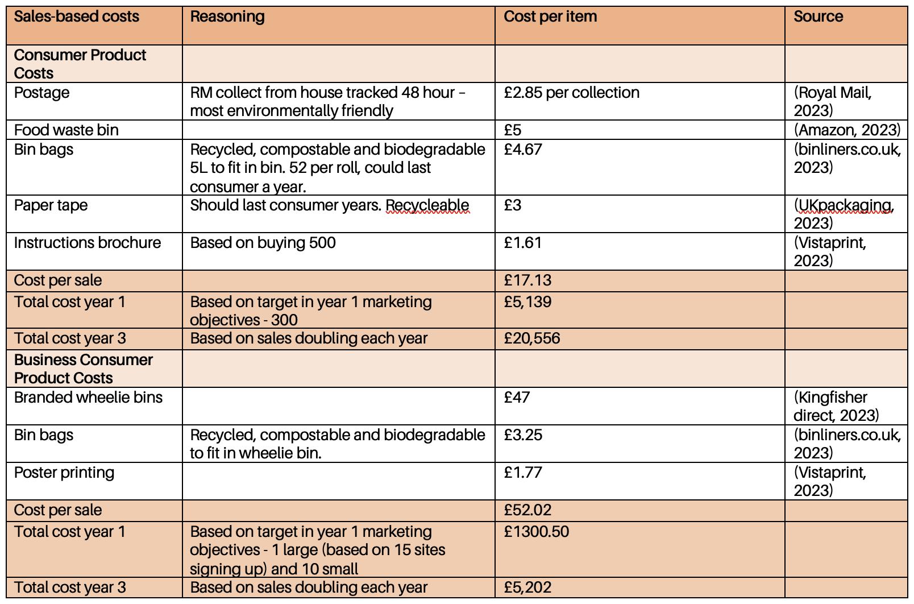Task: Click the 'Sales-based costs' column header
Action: click(x=76, y=16)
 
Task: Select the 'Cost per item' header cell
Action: click(x=550, y=16)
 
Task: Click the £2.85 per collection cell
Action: click(x=571, y=93)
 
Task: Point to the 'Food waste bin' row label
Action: click(x=66, y=130)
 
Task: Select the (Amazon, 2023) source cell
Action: click(x=846, y=130)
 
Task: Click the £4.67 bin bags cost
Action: click(x=522, y=150)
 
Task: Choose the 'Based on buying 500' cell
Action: click(x=263, y=243)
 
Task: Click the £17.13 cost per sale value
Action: click(x=527, y=280)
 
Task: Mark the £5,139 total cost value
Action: click(x=527, y=302)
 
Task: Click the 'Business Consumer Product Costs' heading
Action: click(x=83, y=369)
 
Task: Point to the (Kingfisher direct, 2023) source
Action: click(x=835, y=406)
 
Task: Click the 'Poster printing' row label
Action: click(x=64, y=473)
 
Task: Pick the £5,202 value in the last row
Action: click(x=527, y=588)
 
